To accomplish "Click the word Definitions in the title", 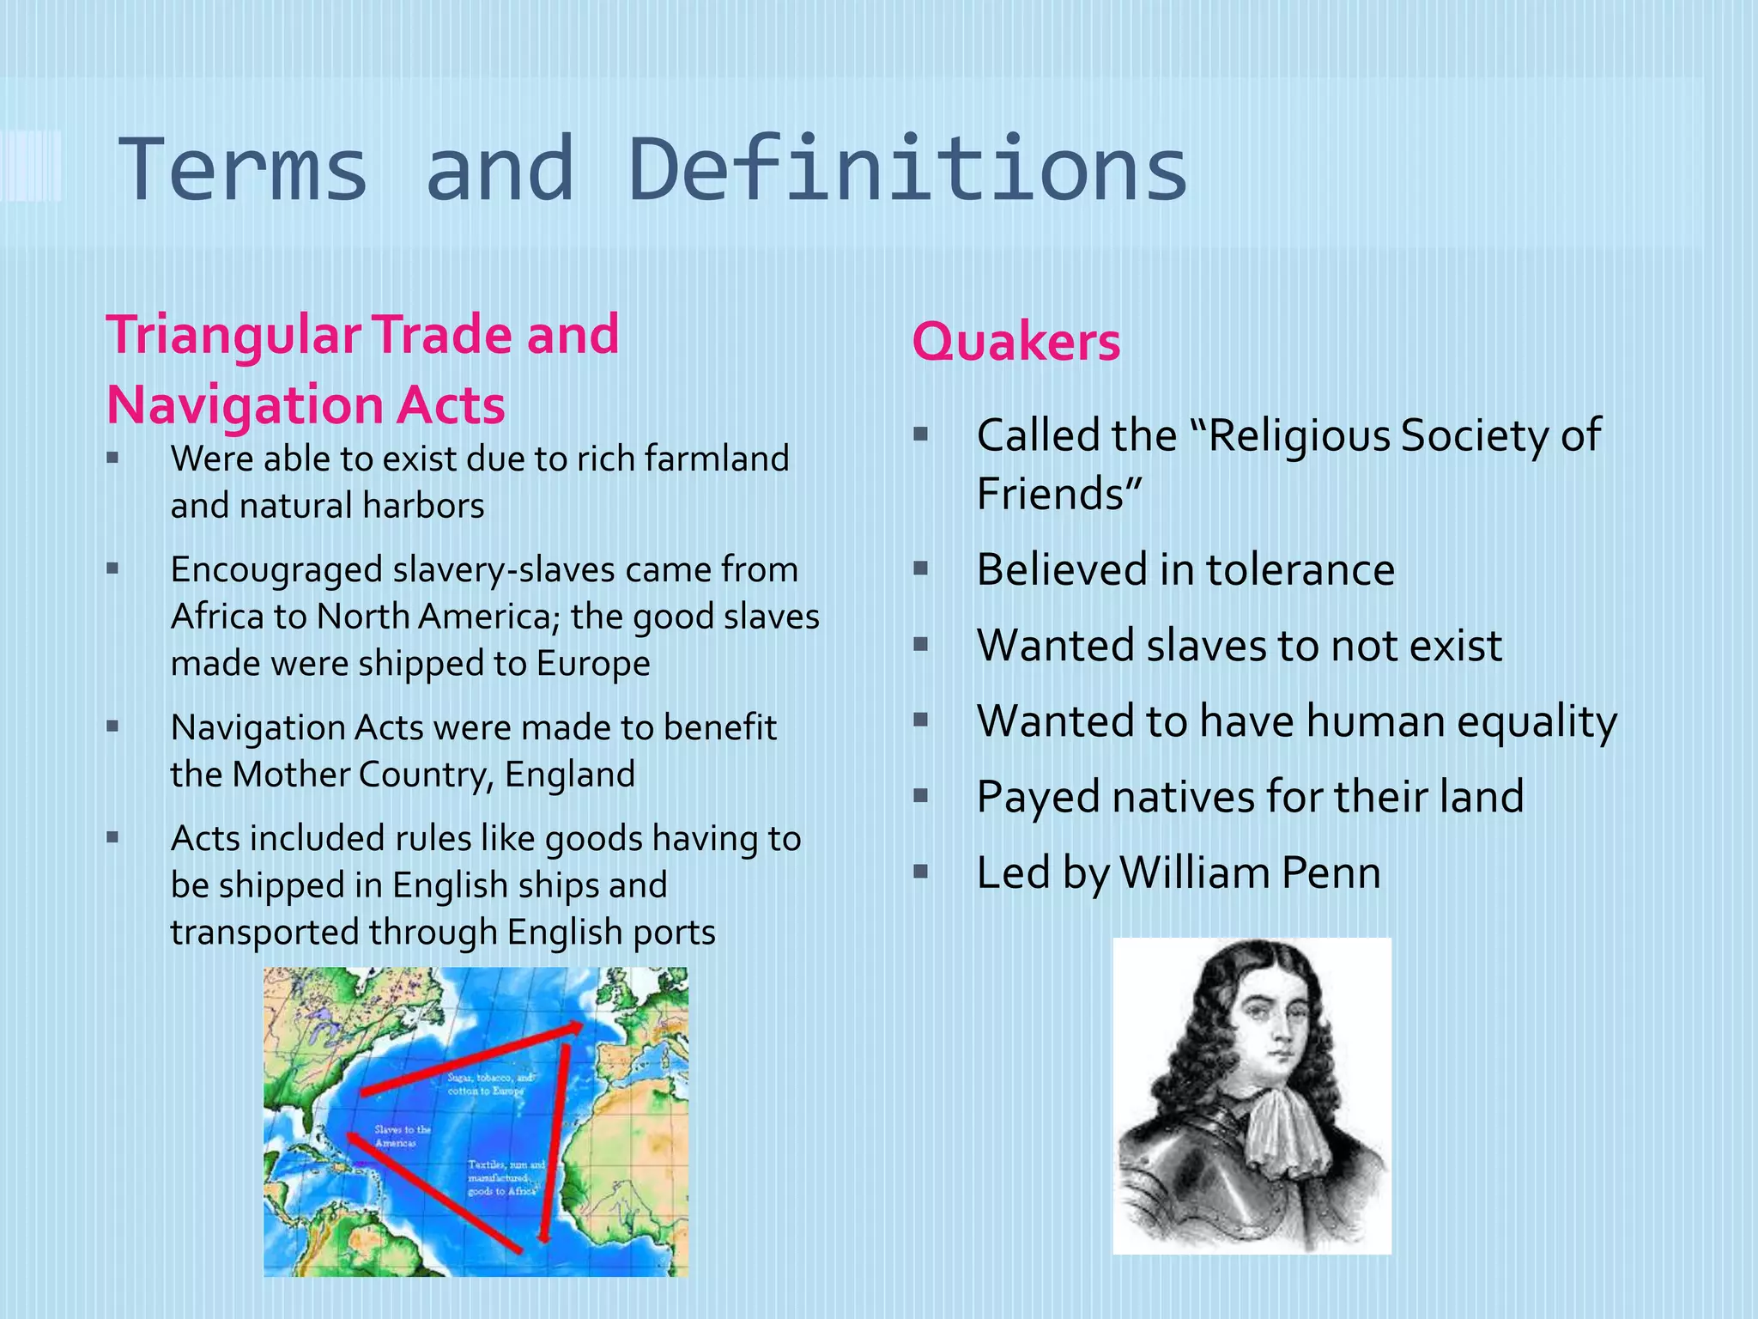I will coord(908,169).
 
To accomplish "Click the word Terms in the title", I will coord(243,169).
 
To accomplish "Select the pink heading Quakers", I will coord(1015,342).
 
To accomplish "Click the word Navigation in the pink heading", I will coord(244,404).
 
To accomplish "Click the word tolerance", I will coord(1300,569).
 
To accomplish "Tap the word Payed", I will coord(1038,797).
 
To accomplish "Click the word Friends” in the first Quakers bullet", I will coord(1059,494).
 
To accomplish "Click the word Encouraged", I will coord(276,569).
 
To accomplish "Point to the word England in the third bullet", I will coord(570,775).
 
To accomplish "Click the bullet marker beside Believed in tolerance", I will coord(921,568).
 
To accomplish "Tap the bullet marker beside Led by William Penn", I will coord(921,872).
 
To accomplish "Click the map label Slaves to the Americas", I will coord(402,1136).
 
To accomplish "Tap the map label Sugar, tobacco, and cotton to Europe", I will coord(488,1084).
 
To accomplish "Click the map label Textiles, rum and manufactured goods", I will coord(506,1177).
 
